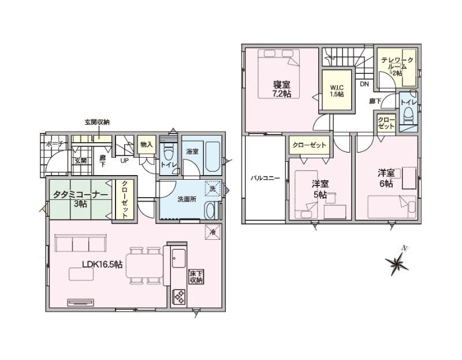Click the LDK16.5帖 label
click(x=102, y=265)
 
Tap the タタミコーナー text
click(x=80, y=195)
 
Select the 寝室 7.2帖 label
click(x=282, y=89)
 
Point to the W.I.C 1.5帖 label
click(x=337, y=91)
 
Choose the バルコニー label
click(x=265, y=178)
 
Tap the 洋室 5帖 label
click(x=321, y=190)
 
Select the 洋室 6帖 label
click(x=386, y=178)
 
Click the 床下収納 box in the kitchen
click(x=196, y=277)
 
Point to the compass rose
click(x=397, y=263)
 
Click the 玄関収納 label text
click(x=97, y=122)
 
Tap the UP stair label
click(x=124, y=161)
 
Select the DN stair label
click(x=364, y=84)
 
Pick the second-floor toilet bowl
click(x=408, y=114)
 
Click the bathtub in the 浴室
click(x=212, y=157)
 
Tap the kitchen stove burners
click(x=179, y=297)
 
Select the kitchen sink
click(x=178, y=258)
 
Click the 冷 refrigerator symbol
click(x=213, y=232)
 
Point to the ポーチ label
click(x=55, y=144)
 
